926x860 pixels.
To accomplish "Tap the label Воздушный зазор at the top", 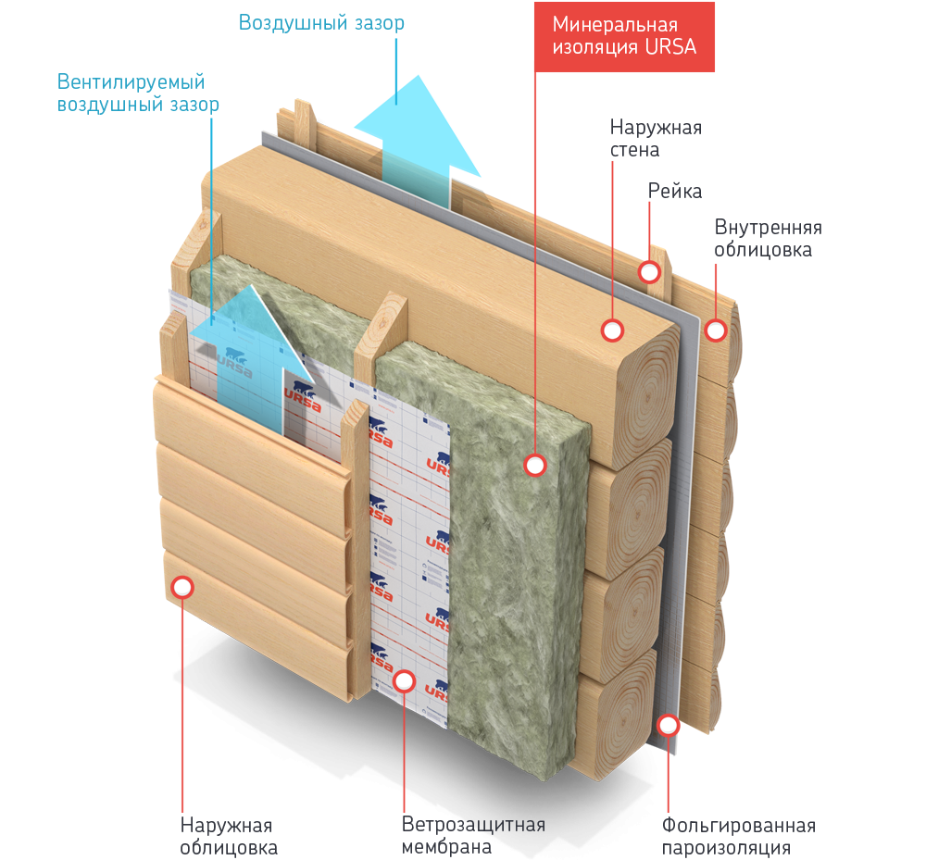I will pos(321,23).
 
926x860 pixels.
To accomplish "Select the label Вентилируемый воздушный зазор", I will pos(138,93).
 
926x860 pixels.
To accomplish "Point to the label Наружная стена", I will pos(655,138).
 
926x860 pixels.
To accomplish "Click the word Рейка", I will pos(674,192).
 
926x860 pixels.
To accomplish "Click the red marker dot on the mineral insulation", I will pos(534,465).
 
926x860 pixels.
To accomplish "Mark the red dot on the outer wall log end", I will pos(611,329).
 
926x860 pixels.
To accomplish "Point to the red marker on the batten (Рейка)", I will pos(650,272).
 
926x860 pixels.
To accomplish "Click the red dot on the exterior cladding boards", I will pos(182,587).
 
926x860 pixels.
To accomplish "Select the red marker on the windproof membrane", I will pos(404,681).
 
